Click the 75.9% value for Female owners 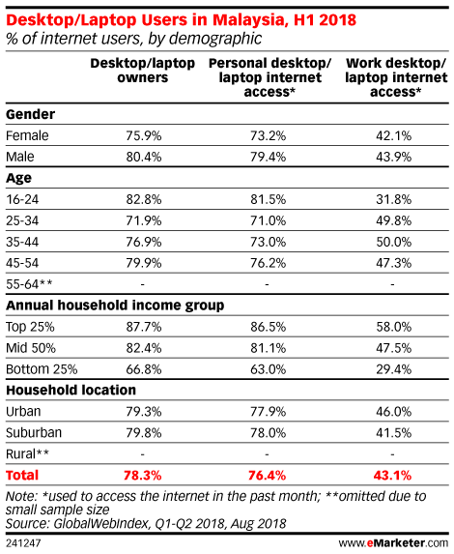[x=144, y=135]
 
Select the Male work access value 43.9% [x=393, y=157]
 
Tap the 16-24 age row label [x=22, y=199]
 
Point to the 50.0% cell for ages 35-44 [x=393, y=242]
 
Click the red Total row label [x=22, y=476]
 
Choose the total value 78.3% [x=143, y=476]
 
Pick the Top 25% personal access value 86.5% [x=268, y=327]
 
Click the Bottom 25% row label [x=42, y=369]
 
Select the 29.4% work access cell [x=393, y=369]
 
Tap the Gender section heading [x=30, y=114]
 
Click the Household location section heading [x=71, y=390]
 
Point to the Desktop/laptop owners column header [x=143, y=71]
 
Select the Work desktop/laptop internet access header [x=396, y=77]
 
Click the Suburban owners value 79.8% [x=144, y=433]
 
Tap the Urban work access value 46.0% [x=393, y=412]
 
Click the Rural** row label [x=27, y=454]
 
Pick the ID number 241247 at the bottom [x=23, y=542]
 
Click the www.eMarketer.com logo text [x=393, y=542]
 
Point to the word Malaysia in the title [x=248, y=19]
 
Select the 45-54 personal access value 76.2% [x=268, y=263]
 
